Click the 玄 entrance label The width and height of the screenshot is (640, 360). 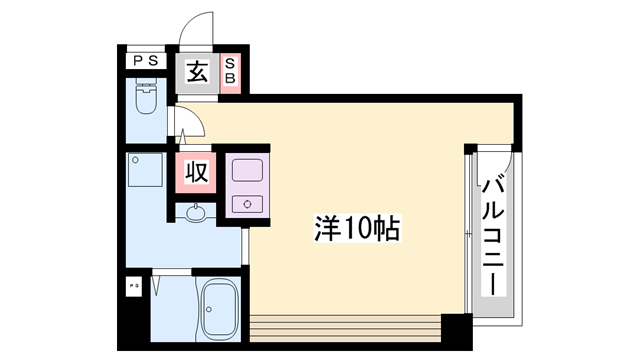(197, 72)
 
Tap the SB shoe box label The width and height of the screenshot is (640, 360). (229, 72)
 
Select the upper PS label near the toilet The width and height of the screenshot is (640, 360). (144, 61)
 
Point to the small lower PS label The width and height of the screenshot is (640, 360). (133, 286)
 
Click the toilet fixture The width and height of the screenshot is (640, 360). (145, 100)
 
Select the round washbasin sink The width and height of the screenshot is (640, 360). (195, 212)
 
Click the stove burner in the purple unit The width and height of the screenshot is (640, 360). (246, 204)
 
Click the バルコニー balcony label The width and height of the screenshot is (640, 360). (493, 233)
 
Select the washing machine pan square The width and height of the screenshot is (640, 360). (146, 172)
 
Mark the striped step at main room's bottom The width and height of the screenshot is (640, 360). (345, 327)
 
